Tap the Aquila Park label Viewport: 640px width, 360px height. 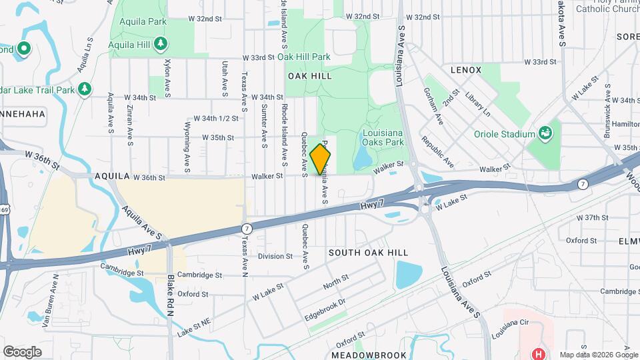pos(143,21)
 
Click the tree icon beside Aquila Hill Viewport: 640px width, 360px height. pos(160,44)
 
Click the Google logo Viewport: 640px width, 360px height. pos(22,351)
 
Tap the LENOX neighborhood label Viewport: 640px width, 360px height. pos(465,69)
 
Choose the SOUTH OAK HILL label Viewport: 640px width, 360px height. pos(368,253)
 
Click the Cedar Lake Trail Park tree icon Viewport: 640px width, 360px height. pos(84,89)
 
